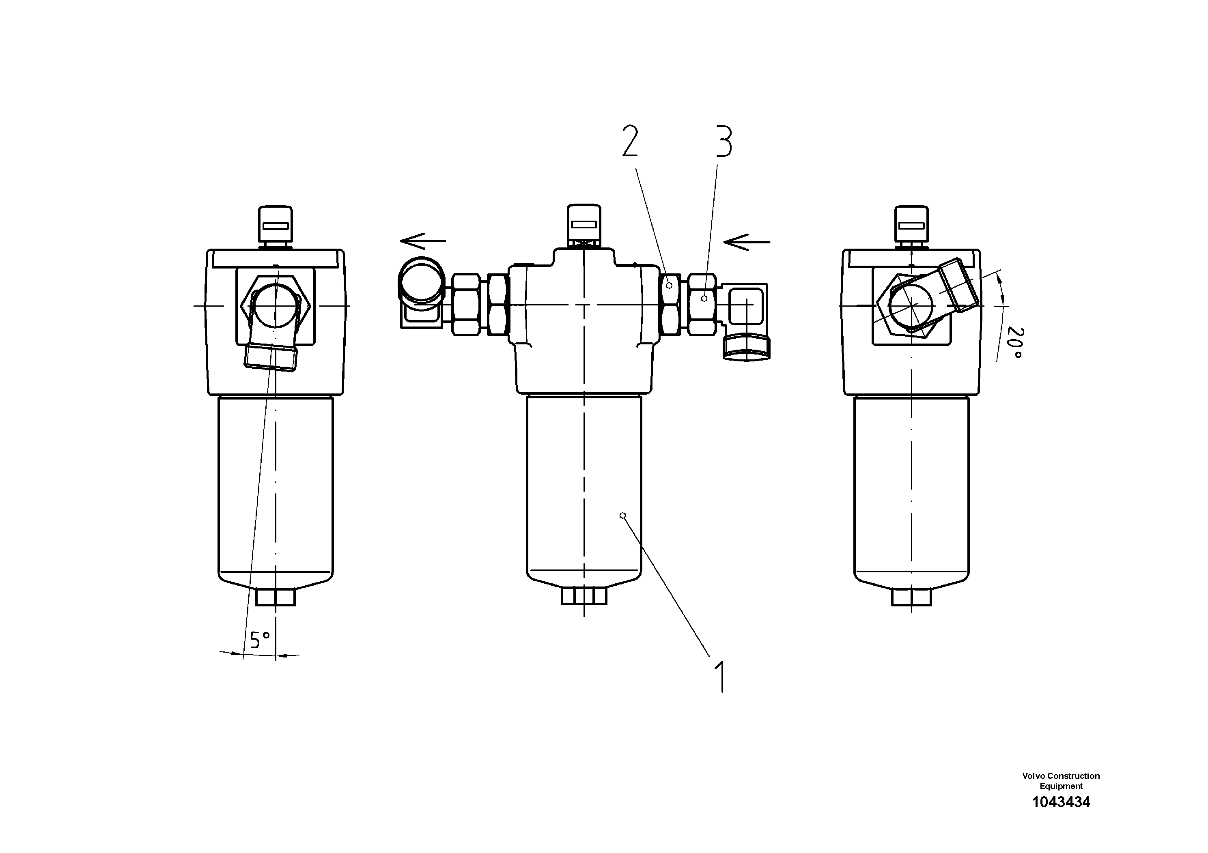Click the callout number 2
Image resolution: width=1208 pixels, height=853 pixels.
coord(630,140)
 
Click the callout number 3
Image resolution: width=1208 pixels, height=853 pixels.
coord(724,140)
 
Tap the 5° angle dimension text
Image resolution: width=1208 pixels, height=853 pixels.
coord(260,640)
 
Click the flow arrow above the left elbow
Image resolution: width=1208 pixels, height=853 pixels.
coord(423,241)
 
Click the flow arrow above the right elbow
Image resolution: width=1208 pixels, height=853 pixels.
coord(747,242)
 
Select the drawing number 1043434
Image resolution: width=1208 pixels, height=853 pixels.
coord(1061,817)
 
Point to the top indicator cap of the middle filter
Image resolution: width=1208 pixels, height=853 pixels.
coord(584,223)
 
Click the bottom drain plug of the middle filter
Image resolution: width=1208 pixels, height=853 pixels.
coord(584,596)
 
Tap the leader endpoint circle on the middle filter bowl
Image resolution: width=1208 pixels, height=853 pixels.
coord(623,516)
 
